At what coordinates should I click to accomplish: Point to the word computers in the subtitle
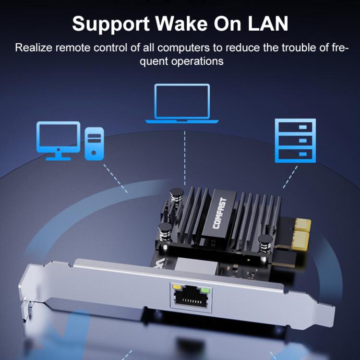click(x=180, y=48)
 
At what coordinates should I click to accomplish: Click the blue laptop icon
click(x=182, y=104)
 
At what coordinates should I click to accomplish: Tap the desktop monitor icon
click(x=58, y=140)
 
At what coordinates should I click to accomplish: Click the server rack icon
click(x=295, y=140)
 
